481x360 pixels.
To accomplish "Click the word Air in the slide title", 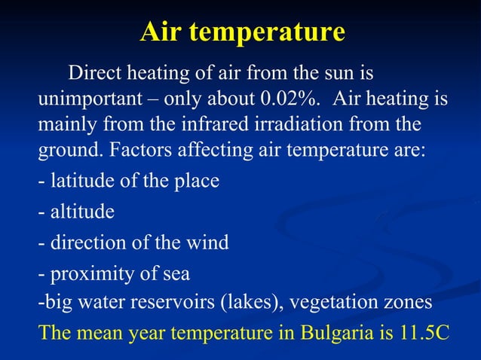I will pos(161,33).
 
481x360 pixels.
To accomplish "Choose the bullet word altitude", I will pos(82,212).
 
